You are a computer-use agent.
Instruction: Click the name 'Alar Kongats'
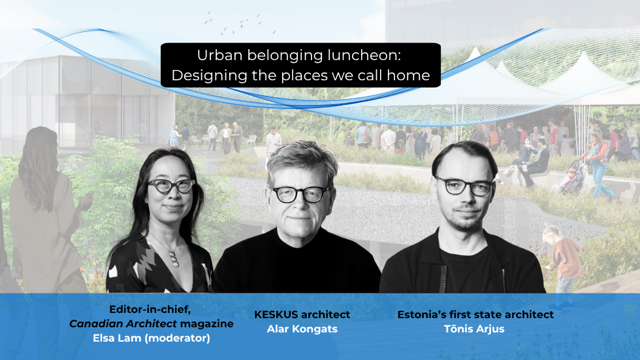[302, 329]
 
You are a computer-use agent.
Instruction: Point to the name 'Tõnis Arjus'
[474, 329]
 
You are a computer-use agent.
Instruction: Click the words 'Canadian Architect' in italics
[123, 324]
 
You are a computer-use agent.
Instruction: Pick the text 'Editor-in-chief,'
[150, 309]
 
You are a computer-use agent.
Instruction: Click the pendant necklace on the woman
[174, 258]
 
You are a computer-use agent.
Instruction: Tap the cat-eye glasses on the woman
[171, 186]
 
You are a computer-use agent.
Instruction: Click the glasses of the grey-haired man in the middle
[300, 194]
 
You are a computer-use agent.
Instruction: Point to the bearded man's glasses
[464, 186]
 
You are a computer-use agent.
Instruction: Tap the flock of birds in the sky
[241, 23]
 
